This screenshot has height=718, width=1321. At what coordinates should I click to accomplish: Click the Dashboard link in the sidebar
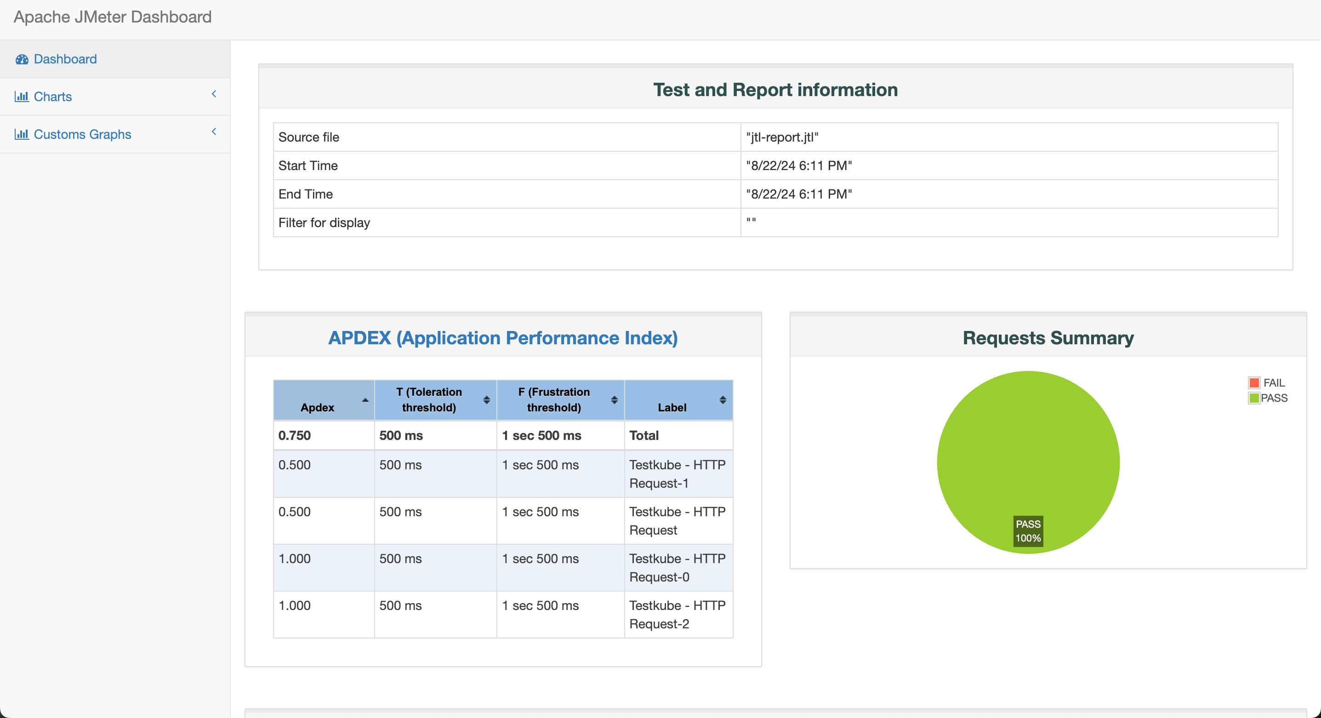click(x=65, y=59)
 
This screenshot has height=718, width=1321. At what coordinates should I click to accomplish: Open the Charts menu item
click(x=52, y=97)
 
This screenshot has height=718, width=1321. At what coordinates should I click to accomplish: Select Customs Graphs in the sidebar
click(x=82, y=134)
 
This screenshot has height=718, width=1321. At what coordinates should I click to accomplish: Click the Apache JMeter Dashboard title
click(x=112, y=17)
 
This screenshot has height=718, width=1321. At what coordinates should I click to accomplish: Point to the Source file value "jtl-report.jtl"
click(x=782, y=137)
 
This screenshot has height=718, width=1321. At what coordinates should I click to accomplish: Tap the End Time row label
click(x=305, y=194)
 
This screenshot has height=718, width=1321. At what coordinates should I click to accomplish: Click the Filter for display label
click(x=324, y=222)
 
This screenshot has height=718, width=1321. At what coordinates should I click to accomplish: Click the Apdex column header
click(x=318, y=407)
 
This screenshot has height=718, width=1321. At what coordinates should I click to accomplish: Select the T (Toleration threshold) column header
click(x=429, y=399)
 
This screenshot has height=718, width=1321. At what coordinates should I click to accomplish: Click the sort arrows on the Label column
click(x=723, y=400)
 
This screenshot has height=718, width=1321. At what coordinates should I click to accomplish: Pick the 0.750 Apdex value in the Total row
click(x=294, y=435)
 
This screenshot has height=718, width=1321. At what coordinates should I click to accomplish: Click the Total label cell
click(x=643, y=435)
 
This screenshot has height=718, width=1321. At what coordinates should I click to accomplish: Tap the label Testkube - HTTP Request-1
click(x=677, y=474)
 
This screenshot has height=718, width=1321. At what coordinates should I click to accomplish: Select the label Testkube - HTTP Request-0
click(x=677, y=568)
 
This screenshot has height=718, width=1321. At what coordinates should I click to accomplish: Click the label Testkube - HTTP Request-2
click(x=677, y=615)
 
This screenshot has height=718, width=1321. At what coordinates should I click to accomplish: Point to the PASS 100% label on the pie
click(x=1028, y=531)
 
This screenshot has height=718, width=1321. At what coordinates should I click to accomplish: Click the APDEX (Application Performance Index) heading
click(x=502, y=338)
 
